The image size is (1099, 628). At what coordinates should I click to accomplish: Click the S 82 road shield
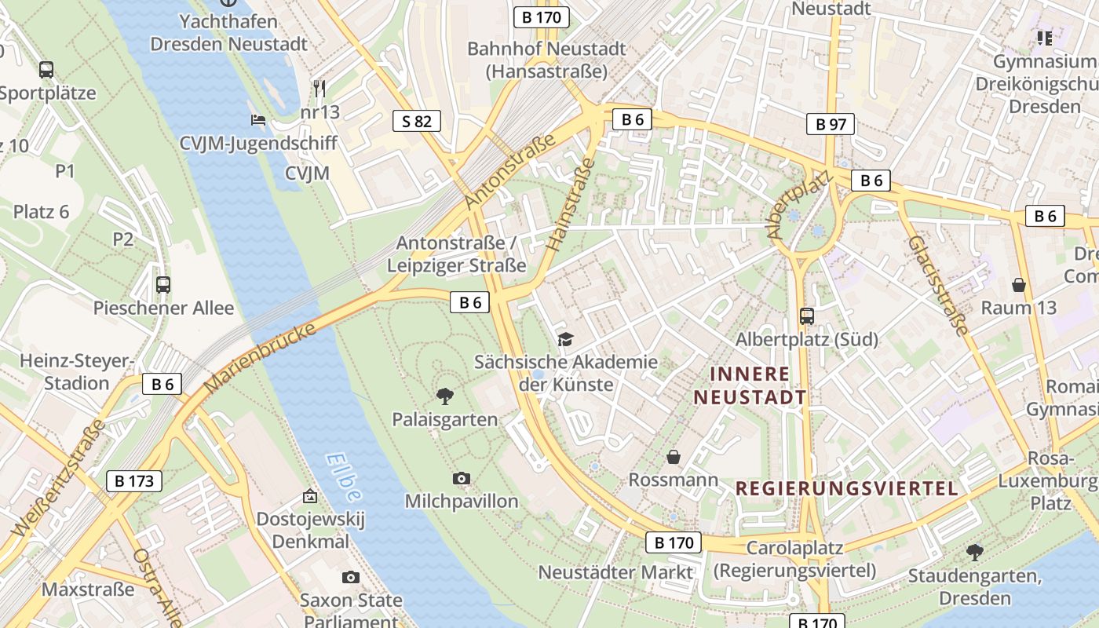click(x=417, y=121)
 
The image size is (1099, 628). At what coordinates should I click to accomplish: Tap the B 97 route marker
click(x=831, y=124)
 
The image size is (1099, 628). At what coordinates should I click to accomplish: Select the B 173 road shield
click(x=134, y=481)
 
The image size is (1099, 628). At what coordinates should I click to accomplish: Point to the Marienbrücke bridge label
click(x=260, y=357)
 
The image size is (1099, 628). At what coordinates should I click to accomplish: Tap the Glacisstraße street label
click(x=938, y=275)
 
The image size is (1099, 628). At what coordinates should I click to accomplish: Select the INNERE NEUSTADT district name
click(x=750, y=385)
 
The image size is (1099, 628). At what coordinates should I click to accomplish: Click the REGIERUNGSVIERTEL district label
click(x=847, y=488)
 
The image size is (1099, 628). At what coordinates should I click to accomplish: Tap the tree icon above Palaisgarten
click(x=445, y=396)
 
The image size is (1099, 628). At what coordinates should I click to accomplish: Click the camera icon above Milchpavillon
click(x=462, y=478)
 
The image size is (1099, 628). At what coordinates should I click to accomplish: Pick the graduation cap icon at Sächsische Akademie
click(x=565, y=339)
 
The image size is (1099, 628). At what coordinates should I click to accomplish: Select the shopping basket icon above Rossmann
click(x=674, y=457)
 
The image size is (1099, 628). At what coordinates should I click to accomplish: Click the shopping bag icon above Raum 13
click(x=1019, y=284)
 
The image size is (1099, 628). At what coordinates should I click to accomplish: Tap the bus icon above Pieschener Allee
click(x=163, y=285)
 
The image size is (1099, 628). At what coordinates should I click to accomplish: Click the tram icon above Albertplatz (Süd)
click(x=806, y=316)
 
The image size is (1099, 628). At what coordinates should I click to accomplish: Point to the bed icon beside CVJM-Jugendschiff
click(x=258, y=120)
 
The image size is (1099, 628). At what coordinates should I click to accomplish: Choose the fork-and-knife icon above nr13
click(x=319, y=88)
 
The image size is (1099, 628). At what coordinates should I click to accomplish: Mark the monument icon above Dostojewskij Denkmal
click(x=311, y=497)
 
